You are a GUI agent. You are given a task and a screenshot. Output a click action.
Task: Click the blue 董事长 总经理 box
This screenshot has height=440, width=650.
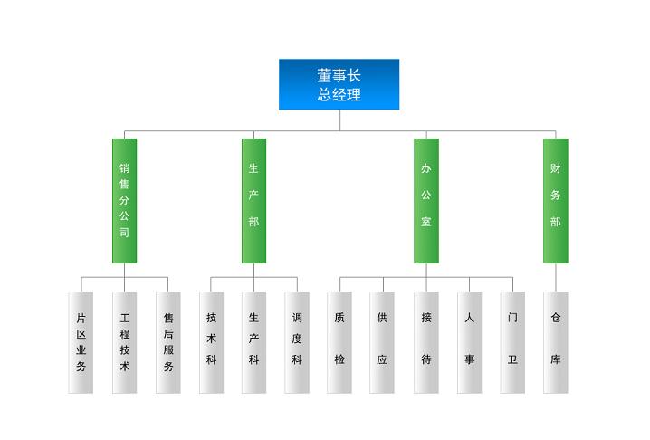[339, 84]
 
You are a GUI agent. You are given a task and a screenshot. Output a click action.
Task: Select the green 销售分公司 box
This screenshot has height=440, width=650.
[124, 201]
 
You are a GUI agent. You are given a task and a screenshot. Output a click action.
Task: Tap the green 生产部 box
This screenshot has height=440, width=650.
[253, 201]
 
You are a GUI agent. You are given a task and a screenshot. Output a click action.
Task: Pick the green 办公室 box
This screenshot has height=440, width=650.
[426, 201]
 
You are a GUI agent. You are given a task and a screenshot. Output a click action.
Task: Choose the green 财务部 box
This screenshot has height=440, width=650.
[556, 201]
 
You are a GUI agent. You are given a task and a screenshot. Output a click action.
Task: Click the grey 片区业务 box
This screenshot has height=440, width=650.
[81, 342]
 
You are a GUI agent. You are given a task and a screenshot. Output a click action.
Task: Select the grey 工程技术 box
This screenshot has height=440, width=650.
[124, 342]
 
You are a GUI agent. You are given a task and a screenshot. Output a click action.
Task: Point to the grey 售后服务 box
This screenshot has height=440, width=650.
[167, 342]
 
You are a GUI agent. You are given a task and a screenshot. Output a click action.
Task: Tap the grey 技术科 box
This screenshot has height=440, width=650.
[212, 342]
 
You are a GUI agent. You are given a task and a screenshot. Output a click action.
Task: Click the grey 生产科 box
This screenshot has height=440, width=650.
[253, 342]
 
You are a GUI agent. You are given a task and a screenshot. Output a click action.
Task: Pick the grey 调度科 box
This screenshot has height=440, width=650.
[297, 342]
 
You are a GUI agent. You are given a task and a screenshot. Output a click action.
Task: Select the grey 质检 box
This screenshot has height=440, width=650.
[339, 342]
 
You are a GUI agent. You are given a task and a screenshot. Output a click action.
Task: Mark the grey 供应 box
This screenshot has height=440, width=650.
[382, 342]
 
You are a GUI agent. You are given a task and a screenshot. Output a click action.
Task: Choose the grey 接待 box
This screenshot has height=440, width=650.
[426, 342]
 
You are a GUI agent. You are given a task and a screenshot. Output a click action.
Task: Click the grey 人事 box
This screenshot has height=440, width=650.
[469, 342]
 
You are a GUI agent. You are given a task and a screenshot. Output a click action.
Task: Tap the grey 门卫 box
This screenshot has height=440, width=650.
[512, 342]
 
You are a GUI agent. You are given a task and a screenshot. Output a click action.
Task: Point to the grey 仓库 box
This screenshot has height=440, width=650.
[556, 342]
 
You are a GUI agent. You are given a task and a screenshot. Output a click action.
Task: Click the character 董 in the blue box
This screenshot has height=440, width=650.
[324, 75]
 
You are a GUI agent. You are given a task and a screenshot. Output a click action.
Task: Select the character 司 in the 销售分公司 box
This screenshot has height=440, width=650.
[124, 233]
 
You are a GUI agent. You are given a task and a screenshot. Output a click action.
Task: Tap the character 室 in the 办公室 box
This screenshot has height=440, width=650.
[426, 222]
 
